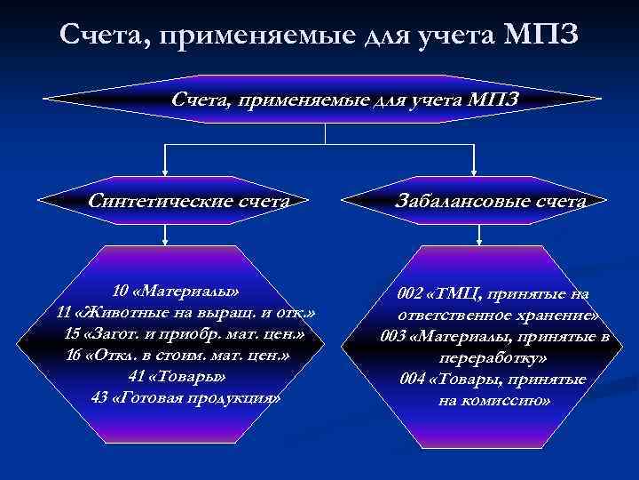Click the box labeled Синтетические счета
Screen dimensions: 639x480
tap(189, 201)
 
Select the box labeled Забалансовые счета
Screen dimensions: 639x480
tap(490, 202)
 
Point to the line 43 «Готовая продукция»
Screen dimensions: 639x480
tap(186, 397)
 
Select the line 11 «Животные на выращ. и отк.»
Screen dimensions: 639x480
tap(185, 313)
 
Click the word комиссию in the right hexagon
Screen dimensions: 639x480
tap(518, 401)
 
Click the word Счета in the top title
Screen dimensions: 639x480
tap(99, 35)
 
